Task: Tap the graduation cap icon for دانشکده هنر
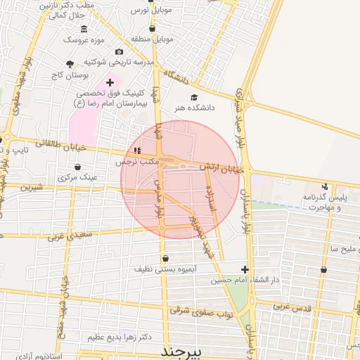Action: tap(194, 98)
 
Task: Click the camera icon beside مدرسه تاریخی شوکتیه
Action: tap(119, 52)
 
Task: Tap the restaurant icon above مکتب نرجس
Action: tap(137, 150)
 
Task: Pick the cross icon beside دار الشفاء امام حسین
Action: tap(245, 269)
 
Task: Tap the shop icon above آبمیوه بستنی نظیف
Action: tap(165, 258)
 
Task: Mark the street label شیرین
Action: tap(32, 188)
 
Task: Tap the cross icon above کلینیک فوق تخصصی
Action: tap(110, 82)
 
